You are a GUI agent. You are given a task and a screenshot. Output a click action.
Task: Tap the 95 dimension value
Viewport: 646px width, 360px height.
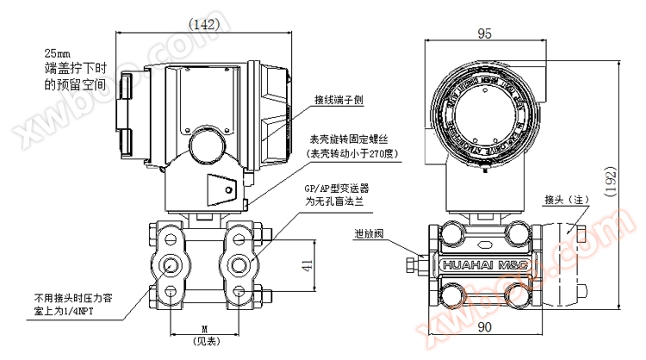(485, 34)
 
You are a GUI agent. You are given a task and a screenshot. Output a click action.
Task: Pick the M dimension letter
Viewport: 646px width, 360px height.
(203, 328)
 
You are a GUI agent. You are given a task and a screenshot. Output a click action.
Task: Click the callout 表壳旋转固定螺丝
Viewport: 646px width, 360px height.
(349, 139)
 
